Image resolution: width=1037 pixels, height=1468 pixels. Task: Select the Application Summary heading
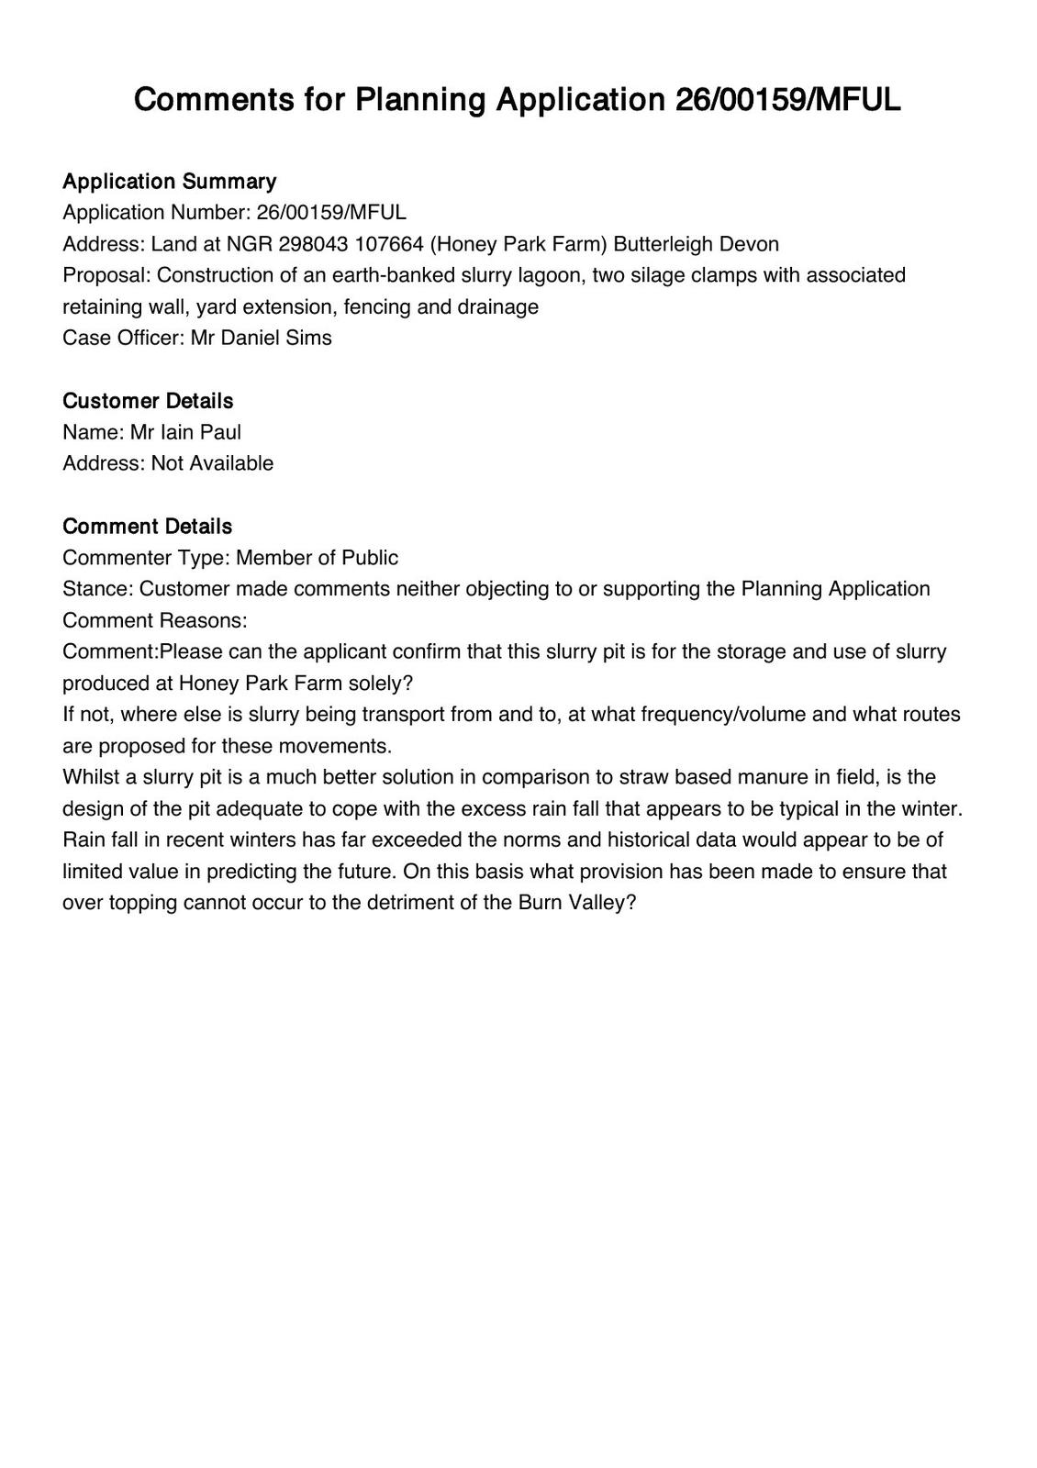pyautogui.click(x=169, y=181)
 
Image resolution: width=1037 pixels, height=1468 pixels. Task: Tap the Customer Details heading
pyautogui.click(x=148, y=401)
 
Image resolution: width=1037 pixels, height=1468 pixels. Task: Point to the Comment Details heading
pyautogui.click(x=147, y=526)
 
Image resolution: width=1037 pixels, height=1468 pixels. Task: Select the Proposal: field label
pyautogui.click(x=106, y=275)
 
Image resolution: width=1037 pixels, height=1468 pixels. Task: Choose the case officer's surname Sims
pyautogui.click(x=309, y=338)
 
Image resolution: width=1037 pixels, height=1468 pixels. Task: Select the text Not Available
pyautogui.click(x=212, y=463)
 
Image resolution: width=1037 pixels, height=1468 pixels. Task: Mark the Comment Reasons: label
pyautogui.click(x=155, y=620)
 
